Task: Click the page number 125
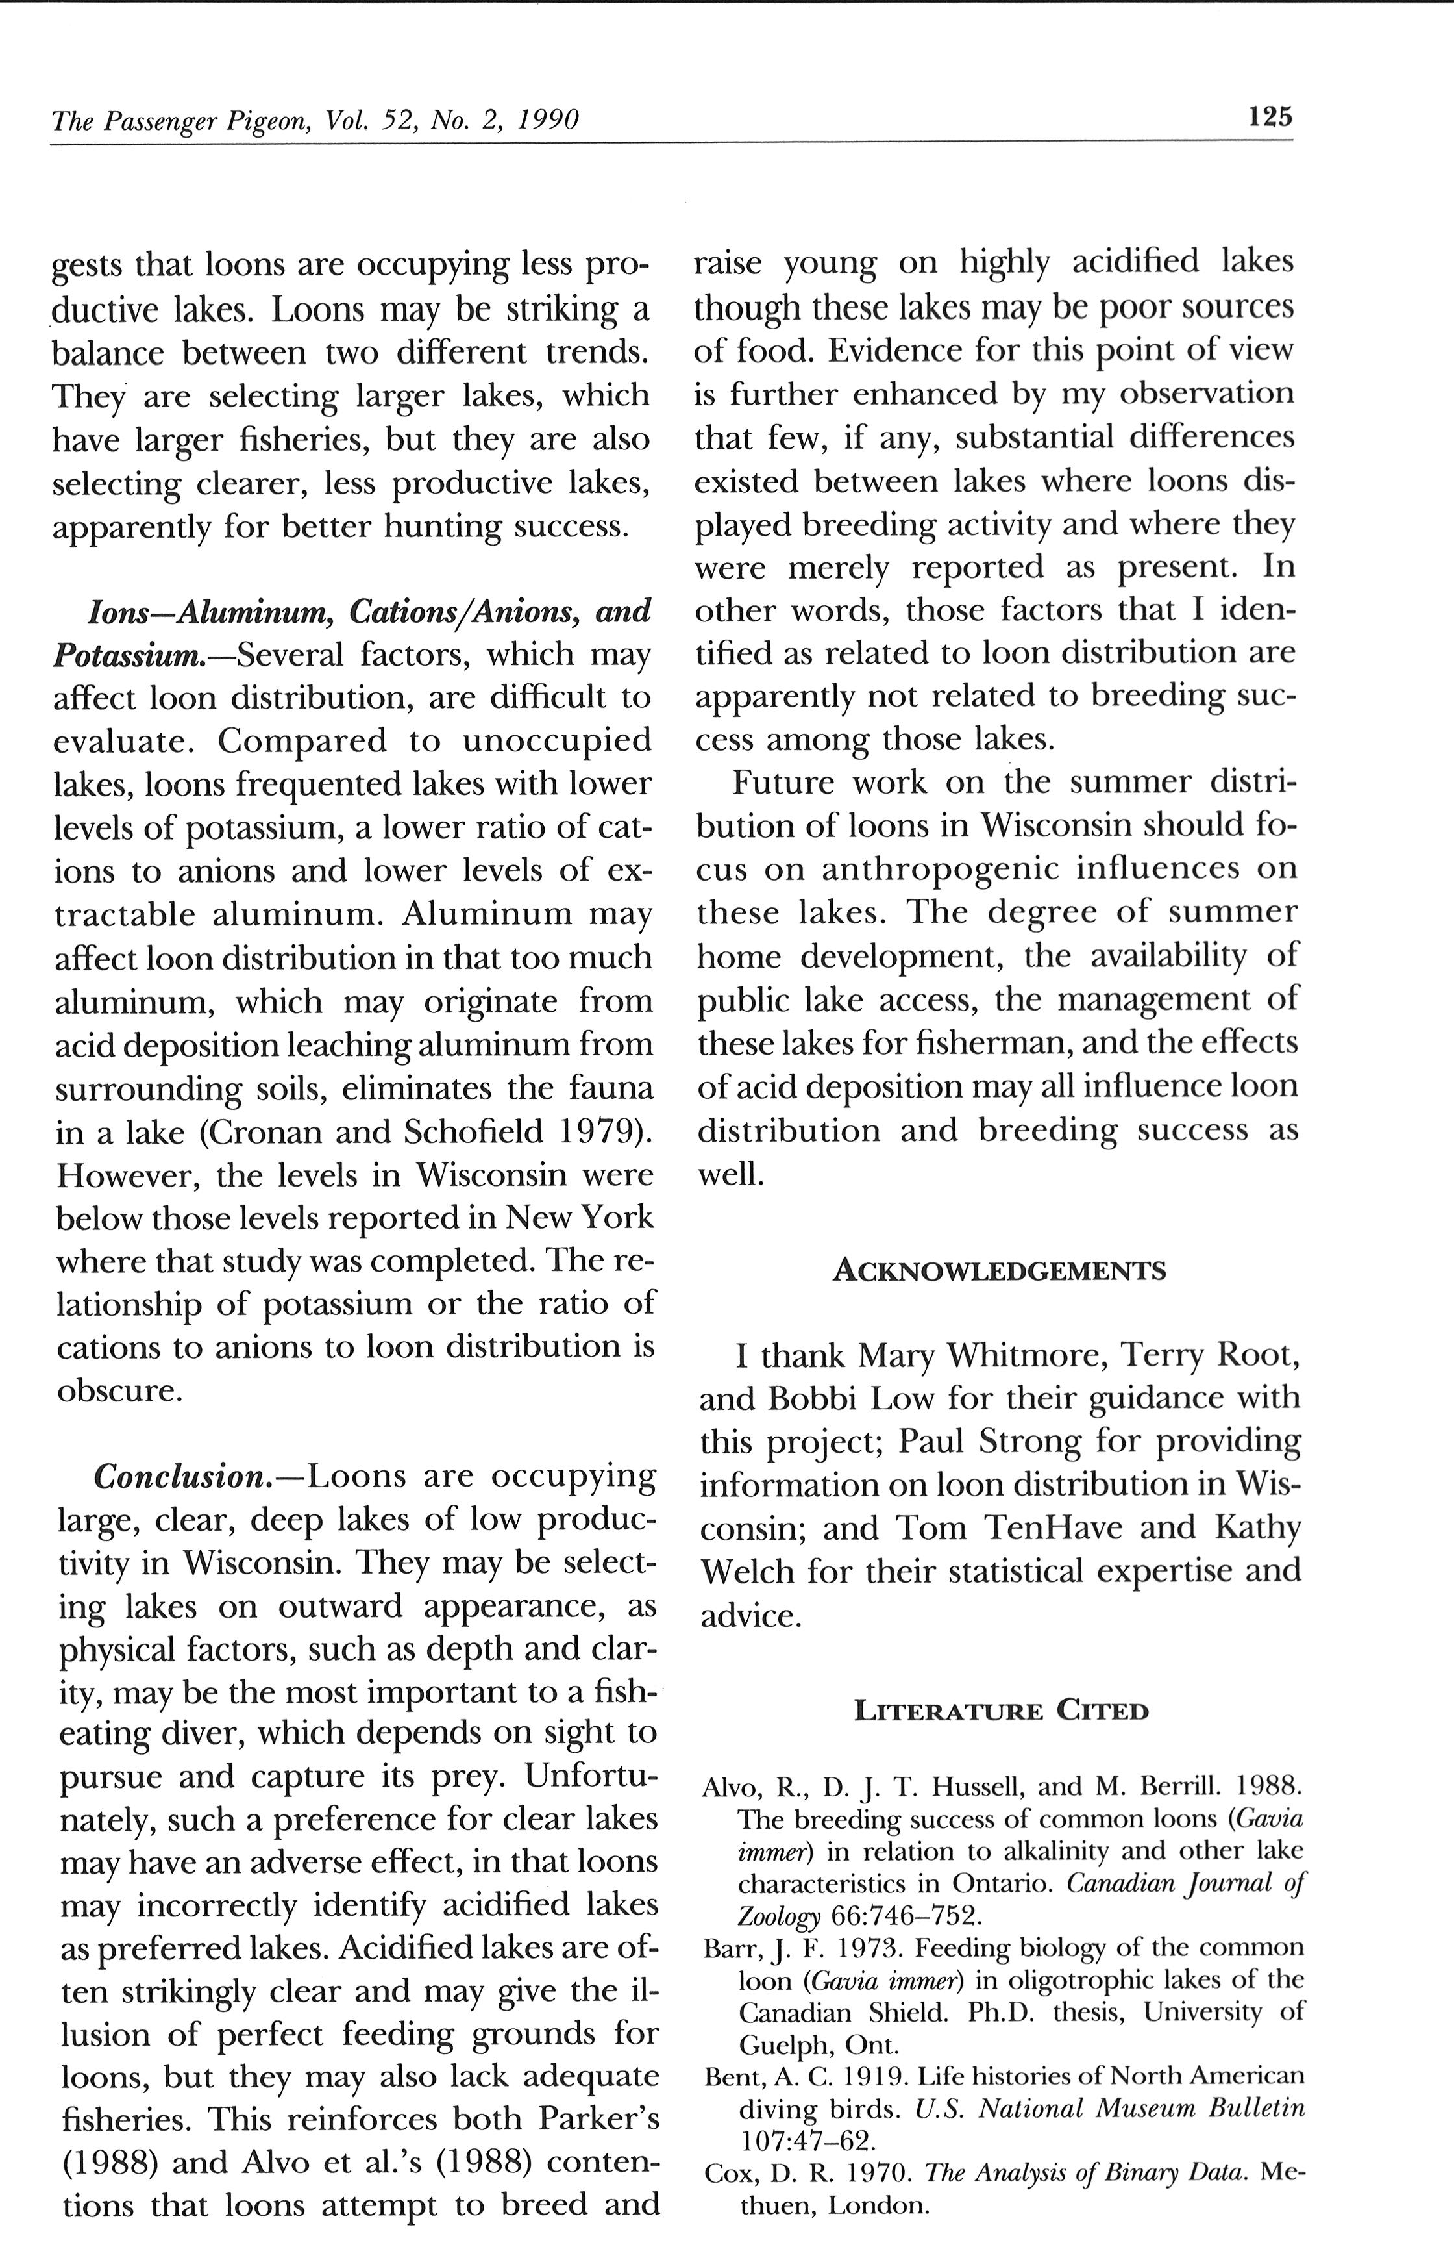[1270, 117]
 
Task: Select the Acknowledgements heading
[999, 1270]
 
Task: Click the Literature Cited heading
[1001, 1711]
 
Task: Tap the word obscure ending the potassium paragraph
[116, 1391]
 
